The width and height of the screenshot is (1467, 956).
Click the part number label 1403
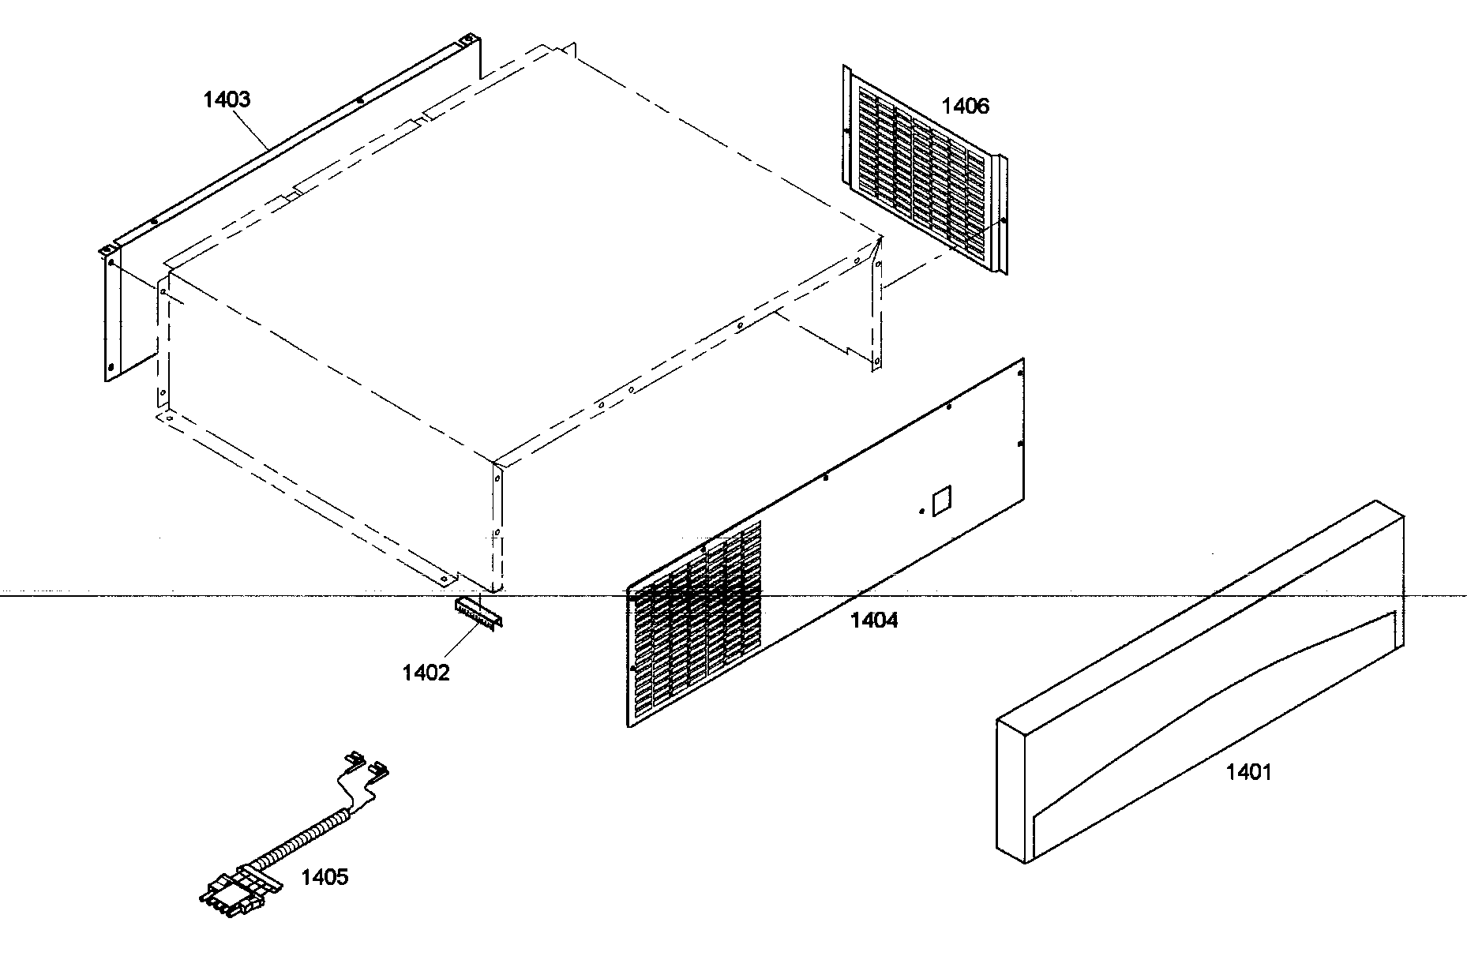227,99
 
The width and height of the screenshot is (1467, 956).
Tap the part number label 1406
965,106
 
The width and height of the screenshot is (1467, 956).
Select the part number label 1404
874,620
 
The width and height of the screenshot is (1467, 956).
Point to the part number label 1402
426,673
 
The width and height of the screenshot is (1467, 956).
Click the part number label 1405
325,877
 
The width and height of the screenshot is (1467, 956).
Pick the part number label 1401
1249,771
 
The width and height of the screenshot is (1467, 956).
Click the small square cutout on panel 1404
943,500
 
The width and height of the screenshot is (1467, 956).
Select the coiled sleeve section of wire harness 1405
300,837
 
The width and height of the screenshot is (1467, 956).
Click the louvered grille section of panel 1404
695,624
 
